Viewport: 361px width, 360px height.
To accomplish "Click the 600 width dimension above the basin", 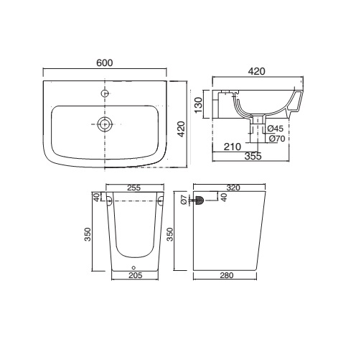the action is tap(105, 63).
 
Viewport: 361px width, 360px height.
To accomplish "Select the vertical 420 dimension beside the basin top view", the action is tap(182, 129).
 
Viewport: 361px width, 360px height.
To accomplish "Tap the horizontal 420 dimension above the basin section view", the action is tap(257, 71).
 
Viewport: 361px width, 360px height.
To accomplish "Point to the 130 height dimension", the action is tap(198, 105).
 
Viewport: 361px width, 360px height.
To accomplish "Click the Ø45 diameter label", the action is tap(275, 129).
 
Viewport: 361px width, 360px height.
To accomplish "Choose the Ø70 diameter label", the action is tap(277, 139).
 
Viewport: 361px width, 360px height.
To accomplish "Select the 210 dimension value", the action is tap(233, 147).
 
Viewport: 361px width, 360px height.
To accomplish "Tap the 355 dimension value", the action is tap(253, 156).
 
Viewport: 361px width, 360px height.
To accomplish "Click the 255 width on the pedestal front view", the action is tap(133, 188).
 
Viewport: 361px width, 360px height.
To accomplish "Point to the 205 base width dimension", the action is tap(136, 275).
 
